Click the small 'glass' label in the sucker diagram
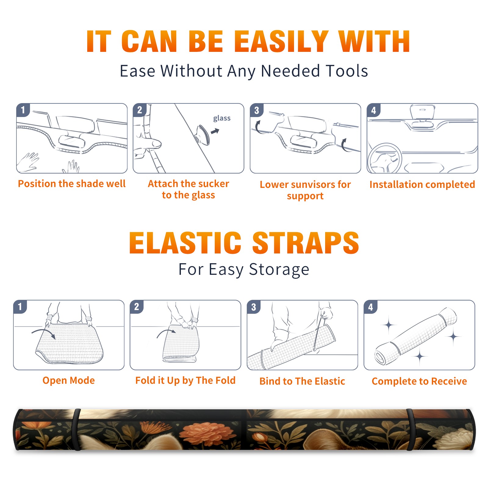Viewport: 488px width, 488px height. pos(222,118)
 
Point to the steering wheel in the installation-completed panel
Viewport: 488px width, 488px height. pos(385,158)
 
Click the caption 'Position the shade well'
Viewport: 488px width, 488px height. pos(72,184)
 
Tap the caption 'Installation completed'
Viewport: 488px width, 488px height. pos(422,185)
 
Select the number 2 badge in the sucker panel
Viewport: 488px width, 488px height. pos(140,110)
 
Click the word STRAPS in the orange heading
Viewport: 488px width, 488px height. pos(306,243)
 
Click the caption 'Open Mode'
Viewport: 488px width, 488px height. pos(69,380)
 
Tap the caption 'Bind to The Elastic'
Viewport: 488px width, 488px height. pos(302,381)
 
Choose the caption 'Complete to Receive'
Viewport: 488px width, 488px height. pos(419,381)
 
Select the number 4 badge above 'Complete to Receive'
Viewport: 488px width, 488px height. pos(371,307)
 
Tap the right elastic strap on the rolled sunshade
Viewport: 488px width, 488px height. pos(411,430)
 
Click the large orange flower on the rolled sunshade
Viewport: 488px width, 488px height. pos(207,434)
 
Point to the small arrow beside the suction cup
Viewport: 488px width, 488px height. pos(215,131)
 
